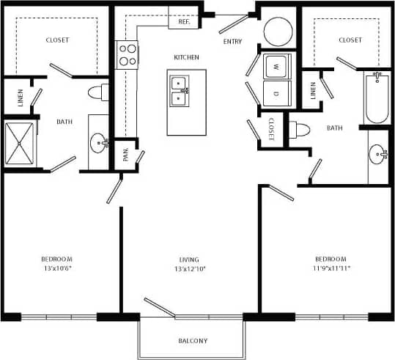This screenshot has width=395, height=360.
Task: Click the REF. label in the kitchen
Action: pyautogui.click(x=184, y=22)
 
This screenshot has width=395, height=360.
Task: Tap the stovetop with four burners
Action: pyautogui.click(x=128, y=54)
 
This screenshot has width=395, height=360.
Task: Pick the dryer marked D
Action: pyautogui.click(x=278, y=93)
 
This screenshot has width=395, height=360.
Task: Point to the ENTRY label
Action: pyautogui.click(x=233, y=42)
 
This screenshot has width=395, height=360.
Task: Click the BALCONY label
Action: pyautogui.click(x=193, y=341)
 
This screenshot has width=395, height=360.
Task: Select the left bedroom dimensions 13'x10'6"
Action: pyautogui.click(x=56, y=269)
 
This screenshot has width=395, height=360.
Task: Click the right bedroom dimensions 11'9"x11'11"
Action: pyautogui.click(x=331, y=269)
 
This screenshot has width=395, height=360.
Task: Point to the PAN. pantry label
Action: pyautogui.click(x=126, y=155)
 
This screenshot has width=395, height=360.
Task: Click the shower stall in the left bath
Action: pyautogui.click(x=21, y=142)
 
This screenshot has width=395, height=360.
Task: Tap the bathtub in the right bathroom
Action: pyautogui.click(x=377, y=98)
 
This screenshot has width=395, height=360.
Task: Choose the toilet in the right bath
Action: pyautogui.click(x=301, y=131)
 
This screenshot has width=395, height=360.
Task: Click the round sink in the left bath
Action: pyautogui.click(x=99, y=142)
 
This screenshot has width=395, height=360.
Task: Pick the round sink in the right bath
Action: pyautogui.click(x=378, y=153)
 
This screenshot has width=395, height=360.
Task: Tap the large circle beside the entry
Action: pyautogui.click(x=278, y=30)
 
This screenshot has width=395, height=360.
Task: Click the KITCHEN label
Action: pyautogui.click(x=186, y=57)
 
